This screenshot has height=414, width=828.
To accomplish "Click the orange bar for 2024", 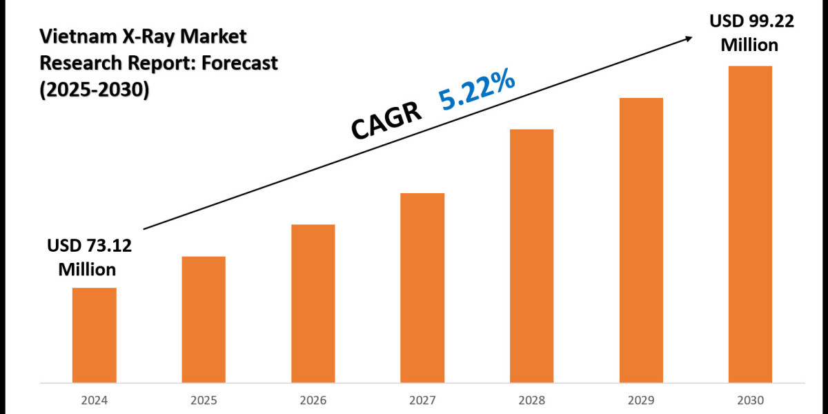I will [x=94, y=335].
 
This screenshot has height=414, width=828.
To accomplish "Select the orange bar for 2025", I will [x=204, y=319].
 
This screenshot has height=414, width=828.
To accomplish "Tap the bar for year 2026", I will [x=313, y=303].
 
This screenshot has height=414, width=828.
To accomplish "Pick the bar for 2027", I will [x=422, y=287].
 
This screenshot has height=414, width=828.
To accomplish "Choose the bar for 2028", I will [x=531, y=255].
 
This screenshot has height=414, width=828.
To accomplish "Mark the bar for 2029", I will [x=641, y=239].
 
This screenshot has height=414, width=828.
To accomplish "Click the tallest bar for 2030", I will [x=750, y=224].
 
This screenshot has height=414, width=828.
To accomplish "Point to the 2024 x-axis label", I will [x=94, y=400].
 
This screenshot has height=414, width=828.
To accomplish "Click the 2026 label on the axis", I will [x=313, y=400].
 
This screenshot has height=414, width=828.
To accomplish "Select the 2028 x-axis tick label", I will [x=531, y=400].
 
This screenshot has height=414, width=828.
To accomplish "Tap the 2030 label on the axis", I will [x=750, y=400].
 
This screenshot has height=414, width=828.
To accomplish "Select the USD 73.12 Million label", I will [x=88, y=257].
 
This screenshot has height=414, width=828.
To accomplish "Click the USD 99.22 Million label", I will [x=751, y=33].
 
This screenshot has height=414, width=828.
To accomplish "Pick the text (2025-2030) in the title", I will [x=95, y=90].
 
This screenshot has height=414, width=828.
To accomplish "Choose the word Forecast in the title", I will [x=237, y=63].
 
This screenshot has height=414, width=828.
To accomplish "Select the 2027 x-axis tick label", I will [x=422, y=400].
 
